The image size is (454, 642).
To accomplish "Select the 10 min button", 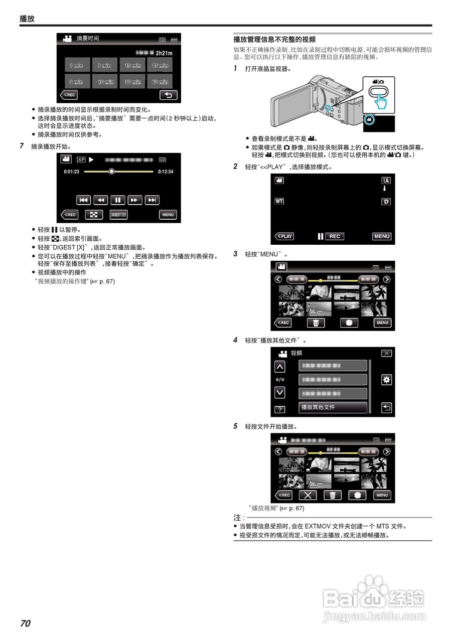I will point(105,82).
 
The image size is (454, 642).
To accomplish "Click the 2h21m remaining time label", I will point(164,53).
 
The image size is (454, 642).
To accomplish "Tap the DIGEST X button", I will point(118,215).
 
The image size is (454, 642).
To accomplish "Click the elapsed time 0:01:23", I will point(72,172).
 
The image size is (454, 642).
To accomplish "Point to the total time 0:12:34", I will point(165,172).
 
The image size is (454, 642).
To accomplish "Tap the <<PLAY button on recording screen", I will point(284,236).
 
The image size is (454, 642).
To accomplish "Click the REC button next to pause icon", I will point(335,236).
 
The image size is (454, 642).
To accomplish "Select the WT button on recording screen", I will point(279,201).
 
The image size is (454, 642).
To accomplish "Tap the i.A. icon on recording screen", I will point(386,181).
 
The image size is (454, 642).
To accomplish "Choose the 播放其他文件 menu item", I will point(333,407).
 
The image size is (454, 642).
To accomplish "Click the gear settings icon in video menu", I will point(386,380).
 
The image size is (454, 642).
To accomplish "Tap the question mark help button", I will point(280,409).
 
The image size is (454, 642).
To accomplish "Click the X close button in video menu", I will point(386,353).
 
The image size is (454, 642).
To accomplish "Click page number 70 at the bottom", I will point(25,623).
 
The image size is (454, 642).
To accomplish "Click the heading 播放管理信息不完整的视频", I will point(274,39).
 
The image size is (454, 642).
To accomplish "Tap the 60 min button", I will point(160,82).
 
